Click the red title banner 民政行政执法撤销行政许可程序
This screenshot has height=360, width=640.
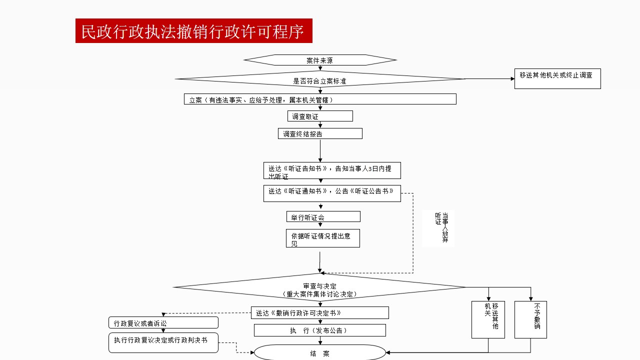[193, 31]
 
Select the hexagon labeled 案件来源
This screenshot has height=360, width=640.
[320, 60]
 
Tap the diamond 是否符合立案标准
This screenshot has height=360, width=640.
[320, 79]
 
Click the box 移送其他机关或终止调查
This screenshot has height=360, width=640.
[557, 78]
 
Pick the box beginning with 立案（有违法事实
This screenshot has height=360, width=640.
[320, 99]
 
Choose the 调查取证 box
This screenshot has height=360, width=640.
[320, 116]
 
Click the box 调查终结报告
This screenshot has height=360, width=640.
[320, 133]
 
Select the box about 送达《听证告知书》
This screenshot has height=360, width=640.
[332, 170]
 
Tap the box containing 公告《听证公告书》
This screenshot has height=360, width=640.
[332, 193]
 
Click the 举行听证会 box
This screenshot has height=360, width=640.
[323, 216]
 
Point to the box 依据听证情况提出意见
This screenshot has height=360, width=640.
[322, 238]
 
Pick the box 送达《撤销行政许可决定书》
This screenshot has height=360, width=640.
[320, 312]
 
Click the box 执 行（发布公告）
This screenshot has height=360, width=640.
[320, 330]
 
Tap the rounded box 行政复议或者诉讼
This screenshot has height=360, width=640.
[163, 322]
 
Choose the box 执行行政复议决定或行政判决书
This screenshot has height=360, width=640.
[163, 342]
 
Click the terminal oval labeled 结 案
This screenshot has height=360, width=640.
[320, 353]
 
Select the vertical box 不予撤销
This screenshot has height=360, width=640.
[530, 319]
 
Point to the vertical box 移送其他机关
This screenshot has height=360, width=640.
[488, 319]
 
